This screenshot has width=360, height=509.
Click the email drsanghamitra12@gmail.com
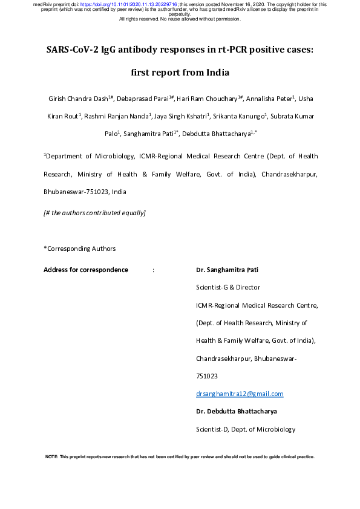coord(240,394)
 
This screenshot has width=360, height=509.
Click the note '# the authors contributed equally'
coord(94,213)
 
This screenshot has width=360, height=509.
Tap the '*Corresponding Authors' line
coord(79,248)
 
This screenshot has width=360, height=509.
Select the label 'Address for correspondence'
coord(85,270)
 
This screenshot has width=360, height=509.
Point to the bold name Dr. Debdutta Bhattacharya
coord(237,412)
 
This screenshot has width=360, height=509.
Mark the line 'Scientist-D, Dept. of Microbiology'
coord(245,429)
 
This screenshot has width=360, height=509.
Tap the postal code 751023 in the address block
coord(207,376)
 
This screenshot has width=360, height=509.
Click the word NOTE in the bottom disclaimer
coord(51,457)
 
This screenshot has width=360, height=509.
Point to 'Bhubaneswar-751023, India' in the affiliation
coord(85,192)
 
